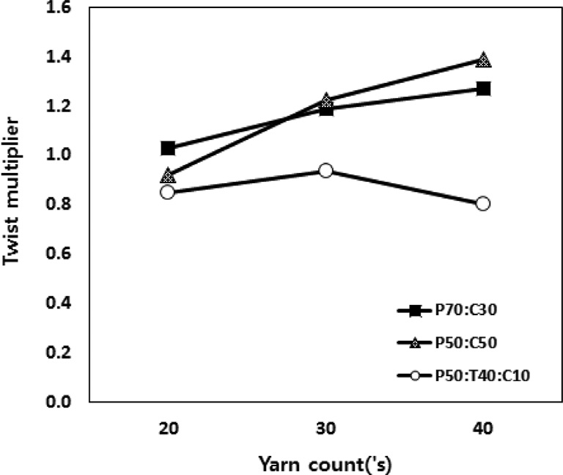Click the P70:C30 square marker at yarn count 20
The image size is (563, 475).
click(x=168, y=148)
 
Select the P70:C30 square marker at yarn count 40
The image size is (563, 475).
click(x=483, y=89)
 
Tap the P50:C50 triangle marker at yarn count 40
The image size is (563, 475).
click(x=483, y=60)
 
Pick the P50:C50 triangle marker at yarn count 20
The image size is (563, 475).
click(x=168, y=176)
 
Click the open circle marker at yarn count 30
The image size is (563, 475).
click(x=325, y=171)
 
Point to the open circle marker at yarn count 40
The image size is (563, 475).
click(x=483, y=204)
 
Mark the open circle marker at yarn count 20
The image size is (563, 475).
click(x=168, y=192)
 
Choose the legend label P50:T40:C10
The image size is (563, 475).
click(x=476, y=376)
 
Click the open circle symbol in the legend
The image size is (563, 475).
click(x=414, y=376)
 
